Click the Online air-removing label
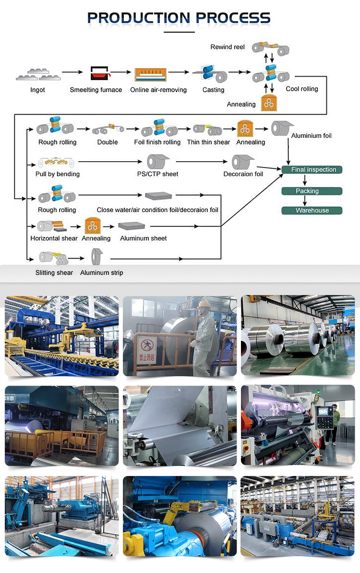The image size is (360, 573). coord(158,90)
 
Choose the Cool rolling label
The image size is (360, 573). coord(302,89)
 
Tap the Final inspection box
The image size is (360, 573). coord(312,169)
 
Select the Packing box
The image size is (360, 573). coord(312,191)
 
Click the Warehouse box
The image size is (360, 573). coord(312,210)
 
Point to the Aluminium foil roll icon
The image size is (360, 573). coord(282,128)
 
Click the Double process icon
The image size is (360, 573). coord(107,129)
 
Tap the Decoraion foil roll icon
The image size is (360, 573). coord(242,162)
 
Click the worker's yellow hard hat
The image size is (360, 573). coord(204,304)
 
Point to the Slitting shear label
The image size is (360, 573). coord(54,273)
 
